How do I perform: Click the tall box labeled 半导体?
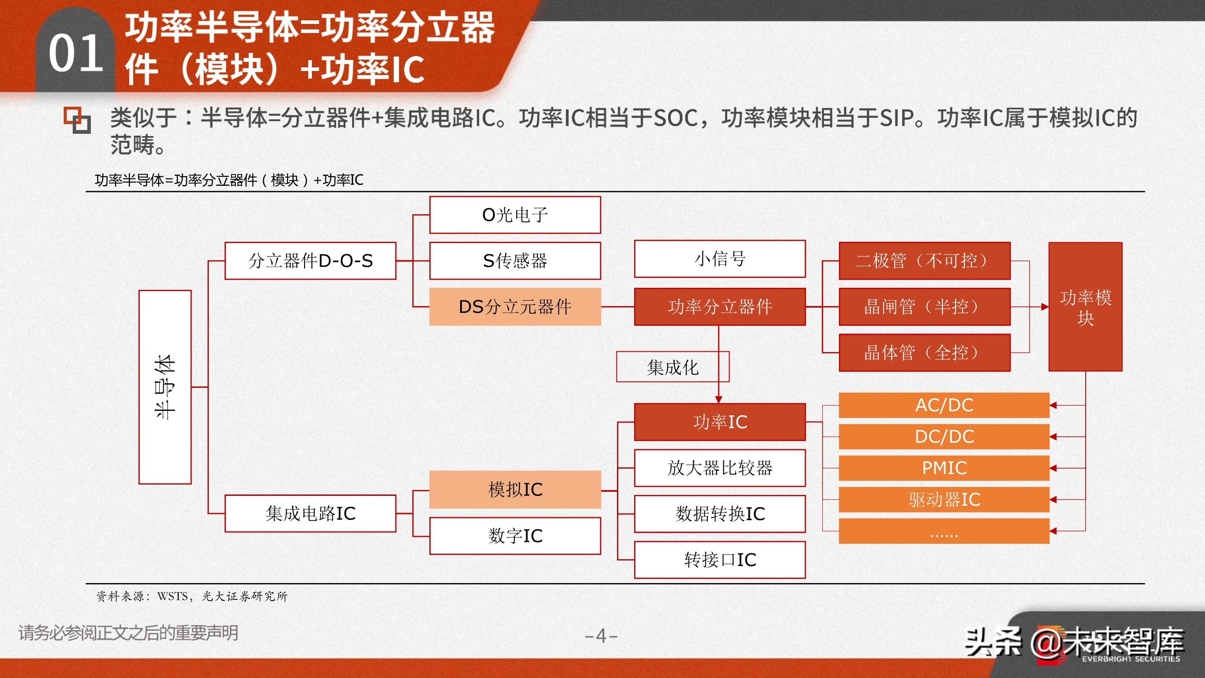click(x=165, y=387)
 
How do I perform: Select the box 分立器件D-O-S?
click(x=310, y=261)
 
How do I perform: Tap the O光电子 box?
click(x=515, y=215)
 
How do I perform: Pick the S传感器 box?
click(x=515, y=261)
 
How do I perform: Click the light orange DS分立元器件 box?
click(x=515, y=307)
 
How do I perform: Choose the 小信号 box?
click(x=720, y=259)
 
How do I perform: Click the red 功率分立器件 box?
click(x=720, y=307)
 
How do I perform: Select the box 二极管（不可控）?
click(x=924, y=261)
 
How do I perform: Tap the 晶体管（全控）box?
click(x=924, y=353)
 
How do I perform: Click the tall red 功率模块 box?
click(x=1085, y=307)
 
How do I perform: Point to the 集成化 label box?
click(x=673, y=367)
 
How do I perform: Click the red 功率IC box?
click(x=720, y=422)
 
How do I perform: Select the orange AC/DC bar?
click(x=944, y=405)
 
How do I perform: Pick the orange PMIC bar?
click(x=944, y=468)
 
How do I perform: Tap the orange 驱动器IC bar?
click(x=944, y=499)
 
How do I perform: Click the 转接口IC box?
click(x=720, y=560)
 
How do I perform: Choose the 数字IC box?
click(x=515, y=536)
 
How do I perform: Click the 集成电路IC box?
click(x=310, y=513)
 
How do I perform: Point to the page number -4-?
click(x=602, y=636)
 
